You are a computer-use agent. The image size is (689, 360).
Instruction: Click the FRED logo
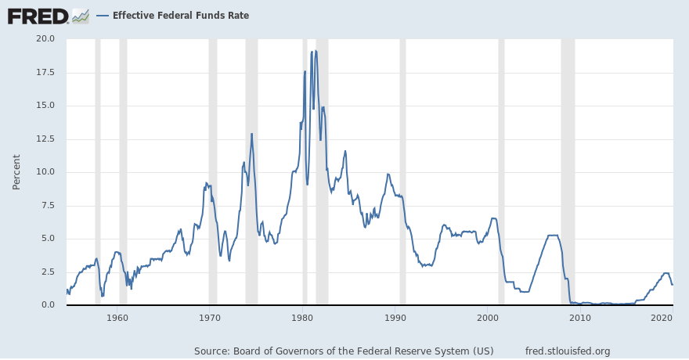click(38, 16)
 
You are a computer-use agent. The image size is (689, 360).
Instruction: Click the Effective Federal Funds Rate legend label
click(180, 16)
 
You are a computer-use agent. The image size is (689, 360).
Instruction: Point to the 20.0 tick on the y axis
click(45, 38)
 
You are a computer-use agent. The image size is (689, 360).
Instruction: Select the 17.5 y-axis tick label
click(45, 72)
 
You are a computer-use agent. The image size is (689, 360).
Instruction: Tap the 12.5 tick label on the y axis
click(45, 139)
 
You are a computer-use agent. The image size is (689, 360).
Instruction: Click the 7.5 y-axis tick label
click(47, 205)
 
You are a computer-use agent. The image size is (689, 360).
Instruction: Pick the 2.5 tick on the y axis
click(47, 272)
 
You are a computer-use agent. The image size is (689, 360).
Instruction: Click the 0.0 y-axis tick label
click(47, 304)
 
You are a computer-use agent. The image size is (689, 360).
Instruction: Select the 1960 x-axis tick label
click(117, 318)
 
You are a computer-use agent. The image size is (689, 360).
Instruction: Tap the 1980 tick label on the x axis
click(303, 318)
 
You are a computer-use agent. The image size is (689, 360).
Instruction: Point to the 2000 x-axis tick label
click(489, 318)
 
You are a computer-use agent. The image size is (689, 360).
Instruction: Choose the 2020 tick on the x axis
click(662, 318)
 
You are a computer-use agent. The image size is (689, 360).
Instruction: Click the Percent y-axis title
click(16, 171)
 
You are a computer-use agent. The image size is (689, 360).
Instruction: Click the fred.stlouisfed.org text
click(568, 351)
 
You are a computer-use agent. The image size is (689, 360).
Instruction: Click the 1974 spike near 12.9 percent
click(251, 134)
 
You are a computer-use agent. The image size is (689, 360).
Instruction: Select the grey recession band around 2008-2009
click(568, 171)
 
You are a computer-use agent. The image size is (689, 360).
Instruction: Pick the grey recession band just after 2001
click(501, 171)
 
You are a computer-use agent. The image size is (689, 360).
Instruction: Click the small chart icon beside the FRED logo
click(80, 16)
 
